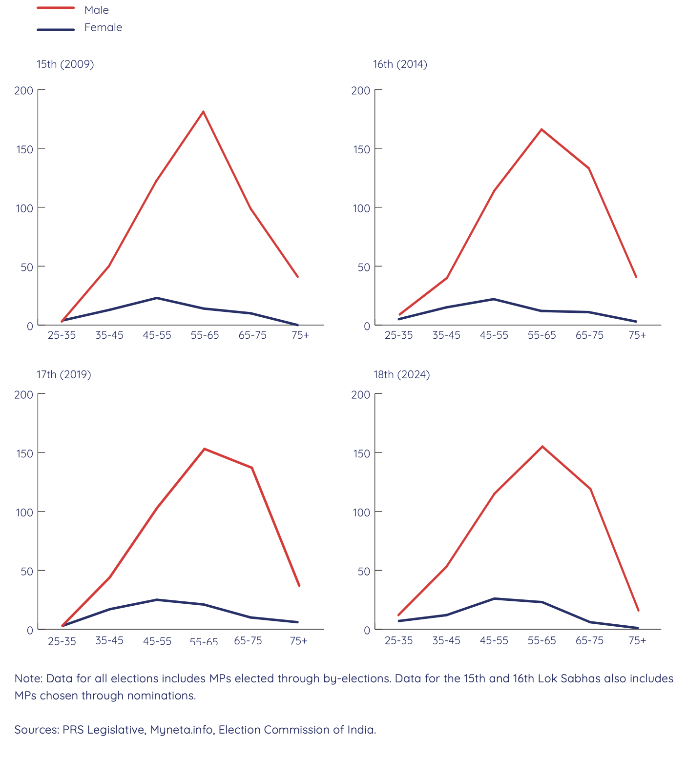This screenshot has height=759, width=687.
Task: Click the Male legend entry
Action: pyautogui.click(x=96, y=10)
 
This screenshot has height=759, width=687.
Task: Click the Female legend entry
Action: pyautogui.click(x=103, y=27)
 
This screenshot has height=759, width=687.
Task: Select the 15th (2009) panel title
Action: pyautogui.click(x=65, y=64)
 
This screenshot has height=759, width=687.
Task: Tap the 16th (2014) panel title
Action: pyautogui.click(x=400, y=64)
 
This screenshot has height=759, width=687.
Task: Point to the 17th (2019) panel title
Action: pyautogui.click(x=64, y=374)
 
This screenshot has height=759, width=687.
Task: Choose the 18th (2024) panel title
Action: pyautogui.click(x=401, y=374)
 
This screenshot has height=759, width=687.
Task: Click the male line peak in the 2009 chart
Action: pyautogui.click(x=203, y=112)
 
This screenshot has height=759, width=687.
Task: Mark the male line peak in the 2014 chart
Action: pyautogui.click(x=541, y=129)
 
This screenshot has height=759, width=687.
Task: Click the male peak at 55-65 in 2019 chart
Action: pyautogui.click(x=204, y=449)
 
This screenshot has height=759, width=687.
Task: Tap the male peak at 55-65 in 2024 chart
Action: pyautogui.click(x=542, y=446)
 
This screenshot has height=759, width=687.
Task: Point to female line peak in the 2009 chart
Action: pyautogui.click(x=157, y=298)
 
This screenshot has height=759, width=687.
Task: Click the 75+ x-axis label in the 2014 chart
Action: pyautogui.click(x=637, y=335)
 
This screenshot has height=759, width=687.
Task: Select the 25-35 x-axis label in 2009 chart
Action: pyautogui.click(x=62, y=335)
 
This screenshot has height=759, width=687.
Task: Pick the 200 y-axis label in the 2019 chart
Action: pyautogui.click(x=23, y=394)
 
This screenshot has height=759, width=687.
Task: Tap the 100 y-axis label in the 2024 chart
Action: pyautogui.click(x=361, y=512)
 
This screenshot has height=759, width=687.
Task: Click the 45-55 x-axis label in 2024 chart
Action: pyautogui.click(x=494, y=640)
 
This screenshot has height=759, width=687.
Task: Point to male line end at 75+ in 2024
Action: pyautogui.click(x=638, y=610)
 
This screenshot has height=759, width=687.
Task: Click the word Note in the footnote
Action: pyautogui.click(x=28, y=678)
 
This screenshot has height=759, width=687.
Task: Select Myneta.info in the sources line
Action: pyautogui.click(x=181, y=730)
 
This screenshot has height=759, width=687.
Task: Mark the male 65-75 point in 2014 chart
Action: pyautogui.click(x=589, y=168)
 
